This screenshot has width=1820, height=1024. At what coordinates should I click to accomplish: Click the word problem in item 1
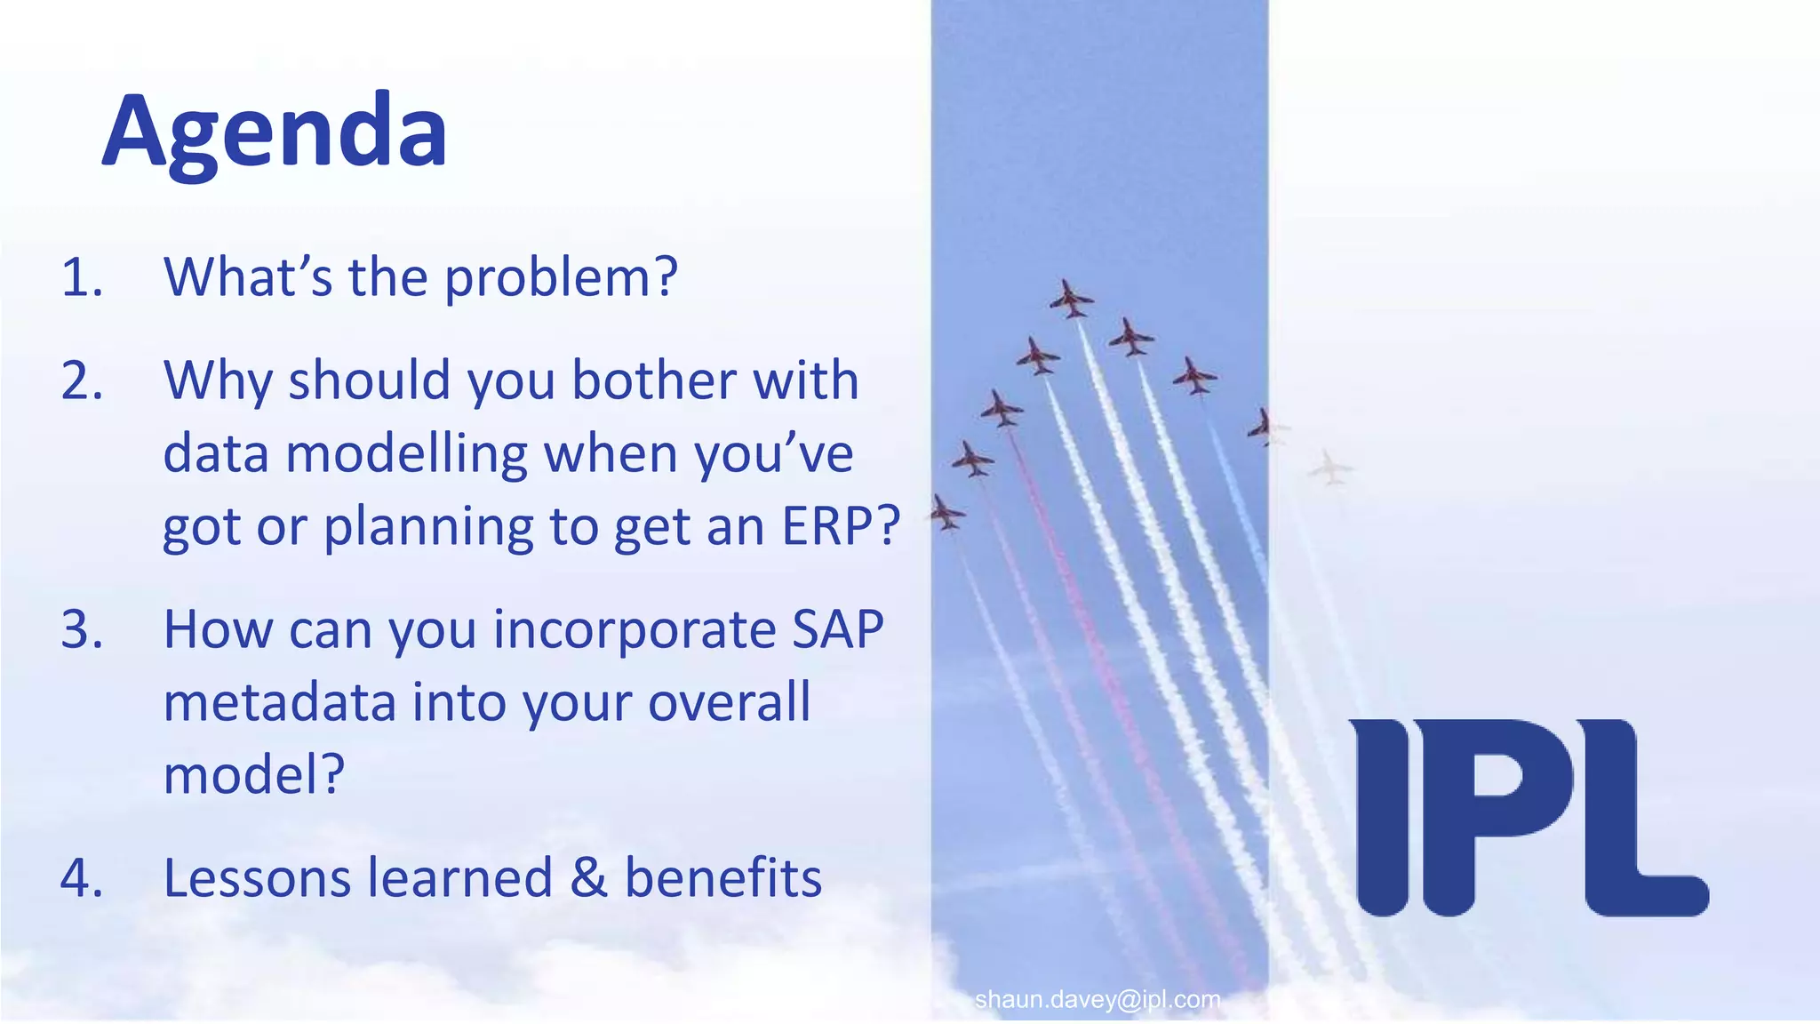pyautogui.click(x=560, y=278)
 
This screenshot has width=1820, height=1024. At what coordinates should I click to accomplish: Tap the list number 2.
pyautogui.click(x=81, y=381)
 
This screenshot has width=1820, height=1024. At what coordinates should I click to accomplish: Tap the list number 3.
pyautogui.click(x=81, y=630)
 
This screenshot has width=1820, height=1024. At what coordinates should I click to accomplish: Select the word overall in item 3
pyautogui.click(x=729, y=702)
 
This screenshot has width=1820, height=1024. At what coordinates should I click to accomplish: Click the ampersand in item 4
pyautogui.click(x=588, y=878)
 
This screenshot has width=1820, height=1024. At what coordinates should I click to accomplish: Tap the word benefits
pyautogui.click(x=722, y=878)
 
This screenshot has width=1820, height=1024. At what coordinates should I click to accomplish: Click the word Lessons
pyautogui.click(x=257, y=878)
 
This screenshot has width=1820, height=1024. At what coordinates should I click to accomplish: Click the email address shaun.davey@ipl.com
pyautogui.click(x=1097, y=1000)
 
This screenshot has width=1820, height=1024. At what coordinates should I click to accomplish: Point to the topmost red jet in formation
pyautogui.click(x=1071, y=299)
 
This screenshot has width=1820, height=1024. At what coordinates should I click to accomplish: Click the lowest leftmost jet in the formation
pyautogui.click(x=946, y=513)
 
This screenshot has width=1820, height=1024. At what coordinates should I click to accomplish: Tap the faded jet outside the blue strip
pyautogui.click(x=1329, y=467)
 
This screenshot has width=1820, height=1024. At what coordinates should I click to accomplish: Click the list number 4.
pyautogui.click(x=81, y=878)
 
